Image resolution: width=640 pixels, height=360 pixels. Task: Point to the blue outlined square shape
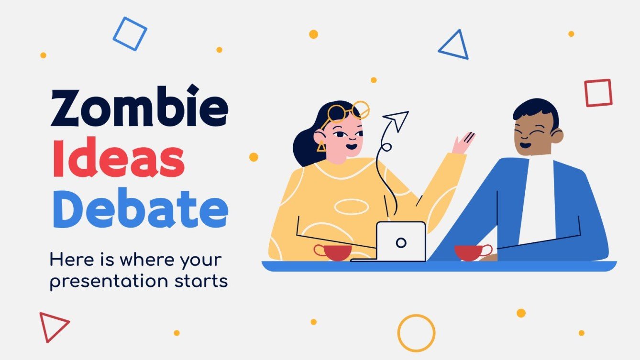click(130, 33)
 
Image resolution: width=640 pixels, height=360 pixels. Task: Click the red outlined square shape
click(598, 93)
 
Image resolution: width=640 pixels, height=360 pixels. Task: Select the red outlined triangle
click(53, 326)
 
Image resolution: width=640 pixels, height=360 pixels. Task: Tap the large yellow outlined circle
click(416, 333)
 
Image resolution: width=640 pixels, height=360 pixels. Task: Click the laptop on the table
click(400, 242)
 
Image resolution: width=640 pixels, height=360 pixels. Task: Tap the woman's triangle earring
click(321, 146)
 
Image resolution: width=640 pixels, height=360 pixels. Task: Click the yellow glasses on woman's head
click(348, 113)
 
